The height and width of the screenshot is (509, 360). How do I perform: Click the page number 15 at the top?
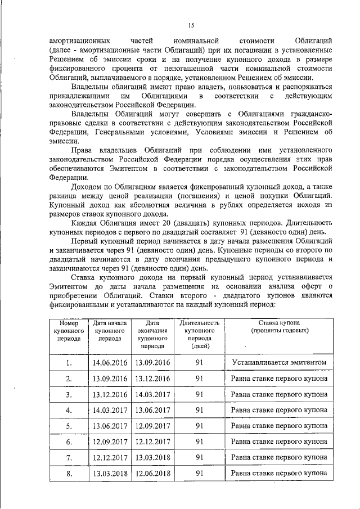pyautogui.click(x=191, y=24)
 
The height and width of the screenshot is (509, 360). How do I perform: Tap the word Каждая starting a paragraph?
pyautogui.click(x=87, y=223)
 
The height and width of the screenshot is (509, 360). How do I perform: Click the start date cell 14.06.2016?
pyautogui.click(x=110, y=363)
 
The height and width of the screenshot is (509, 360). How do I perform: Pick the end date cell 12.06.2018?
pyautogui.click(x=152, y=474)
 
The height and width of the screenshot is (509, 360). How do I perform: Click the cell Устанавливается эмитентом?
pyautogui.click(x=279, y=363)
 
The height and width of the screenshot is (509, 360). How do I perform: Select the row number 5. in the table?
pyautogui.click(x=68, y=426)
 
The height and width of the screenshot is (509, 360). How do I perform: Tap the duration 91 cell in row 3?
pyautogui.click(x=199, y=395)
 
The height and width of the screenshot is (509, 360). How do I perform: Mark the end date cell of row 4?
pyautogui.click(x=152, y=411)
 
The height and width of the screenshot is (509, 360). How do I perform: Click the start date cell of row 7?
pyautogui.click(x=110, y=458)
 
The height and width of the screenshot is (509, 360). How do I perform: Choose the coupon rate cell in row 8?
pyautogui.click(x=279, y=474)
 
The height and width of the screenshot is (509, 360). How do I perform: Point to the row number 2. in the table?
pyautogui.click(x=68, y=379)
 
